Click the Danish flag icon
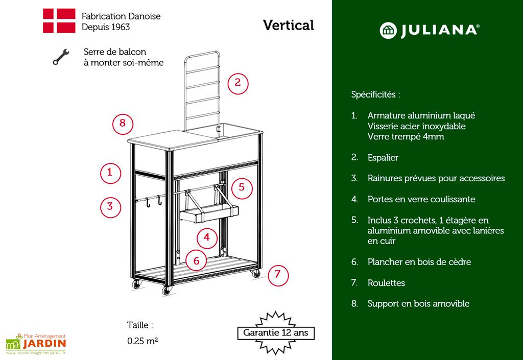click(59, 21)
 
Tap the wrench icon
click(60, 57)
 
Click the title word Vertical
click(289, 25)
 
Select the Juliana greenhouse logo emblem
click(388, 30)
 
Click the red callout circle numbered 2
click(237, 83)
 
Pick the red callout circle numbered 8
click(123, 124)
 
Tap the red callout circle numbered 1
click(110, 172)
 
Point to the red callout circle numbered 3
click(110, 207)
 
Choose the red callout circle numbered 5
click(242, 187)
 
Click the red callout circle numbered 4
click(207, 237)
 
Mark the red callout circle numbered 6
click(196, 260)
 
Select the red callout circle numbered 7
click(278, 274)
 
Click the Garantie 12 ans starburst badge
click(276, 333)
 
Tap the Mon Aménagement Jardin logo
click(36, 344)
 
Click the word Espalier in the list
click(383, 157)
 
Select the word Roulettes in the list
click(386, 282)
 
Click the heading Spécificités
click(375, 94)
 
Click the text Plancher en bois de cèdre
click(419, 262)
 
